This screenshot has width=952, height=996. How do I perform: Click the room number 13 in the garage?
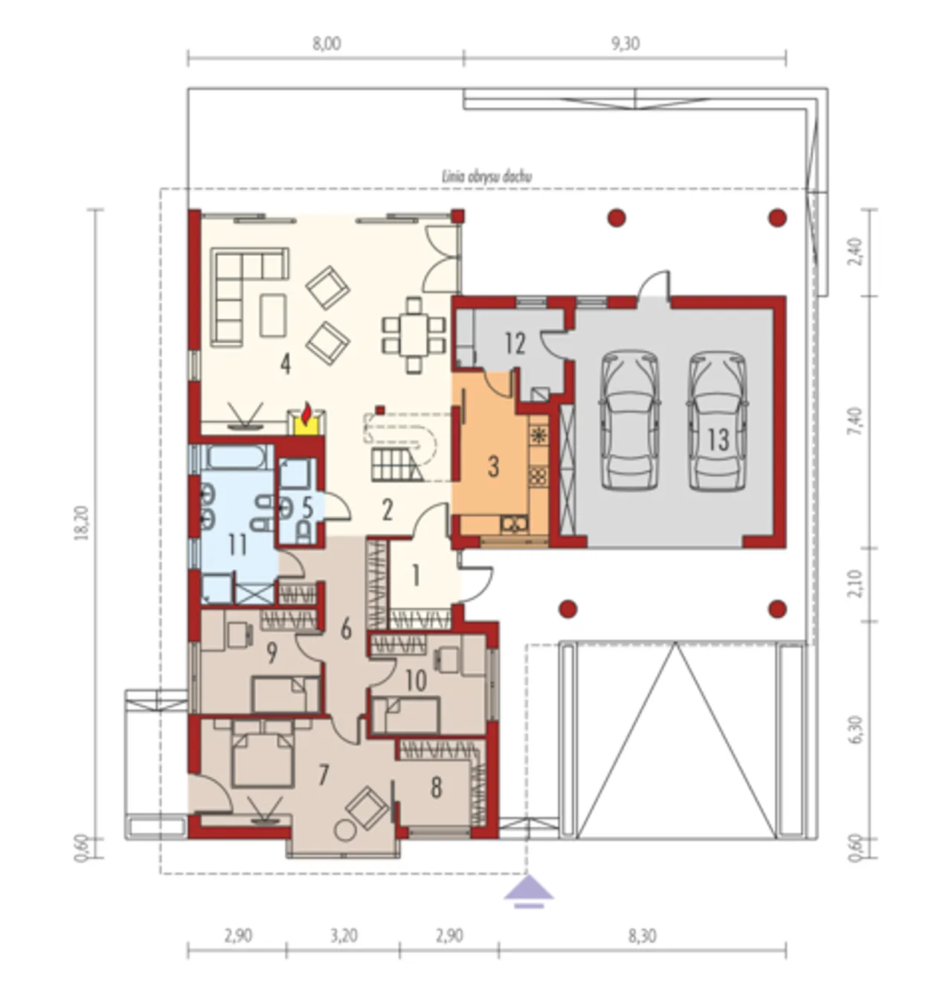(718, 440)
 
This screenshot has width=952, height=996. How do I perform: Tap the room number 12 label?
(515, 344)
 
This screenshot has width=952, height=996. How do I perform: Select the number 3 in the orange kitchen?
(493, 467)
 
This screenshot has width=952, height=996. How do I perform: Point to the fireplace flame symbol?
(306, 414)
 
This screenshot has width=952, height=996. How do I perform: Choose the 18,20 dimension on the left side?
(83, 523)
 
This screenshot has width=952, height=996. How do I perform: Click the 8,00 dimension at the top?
(327, 44)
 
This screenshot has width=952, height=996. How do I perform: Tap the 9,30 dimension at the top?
(625, 44)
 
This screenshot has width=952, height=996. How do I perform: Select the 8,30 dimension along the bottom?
(642, 936)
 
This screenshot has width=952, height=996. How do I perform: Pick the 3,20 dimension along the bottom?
(343, 936)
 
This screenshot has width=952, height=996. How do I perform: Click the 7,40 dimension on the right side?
(856, 421)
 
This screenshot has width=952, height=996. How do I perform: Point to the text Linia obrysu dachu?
(486, 177)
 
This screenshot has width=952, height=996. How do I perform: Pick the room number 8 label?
(436, 788)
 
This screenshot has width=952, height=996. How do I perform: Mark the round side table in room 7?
(344, 830)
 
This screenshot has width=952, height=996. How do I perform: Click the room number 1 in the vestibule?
(416, 576)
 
